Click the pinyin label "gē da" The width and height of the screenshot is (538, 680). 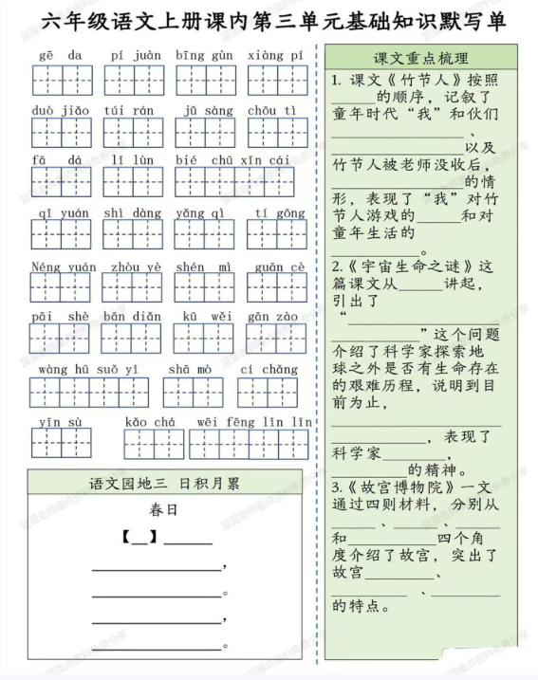(61, 56)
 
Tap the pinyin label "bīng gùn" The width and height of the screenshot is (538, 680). (204, 56)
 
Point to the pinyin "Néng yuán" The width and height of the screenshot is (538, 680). (64, 267)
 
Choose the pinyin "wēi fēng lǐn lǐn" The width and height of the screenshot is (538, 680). (254, 422)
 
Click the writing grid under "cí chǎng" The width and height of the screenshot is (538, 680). (268, 392)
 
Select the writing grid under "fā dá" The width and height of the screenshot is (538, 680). (60, 182)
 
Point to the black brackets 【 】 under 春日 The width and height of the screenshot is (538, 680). (139, 538)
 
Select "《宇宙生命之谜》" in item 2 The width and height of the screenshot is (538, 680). (408, 266)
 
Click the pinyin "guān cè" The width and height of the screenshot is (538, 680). (280, 267)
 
